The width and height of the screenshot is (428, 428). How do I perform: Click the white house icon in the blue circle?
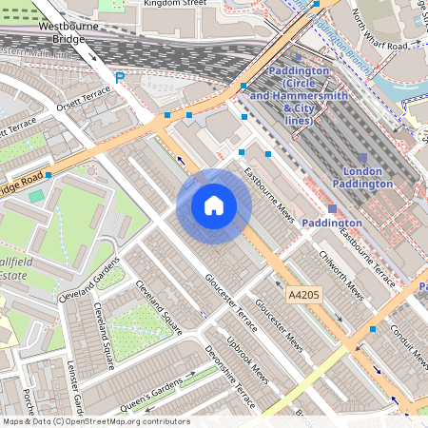click(x=214, y=205)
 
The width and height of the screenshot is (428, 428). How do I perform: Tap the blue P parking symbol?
click(x=119, y=77)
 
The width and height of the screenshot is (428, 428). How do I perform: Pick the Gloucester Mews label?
click(x=278, y=323)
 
